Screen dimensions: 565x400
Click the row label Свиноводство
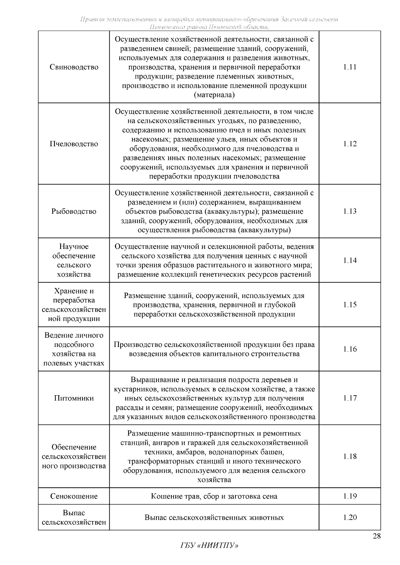74,67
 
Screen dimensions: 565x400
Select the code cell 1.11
350,67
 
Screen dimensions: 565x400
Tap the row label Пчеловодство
74,144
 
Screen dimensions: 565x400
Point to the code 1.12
350,144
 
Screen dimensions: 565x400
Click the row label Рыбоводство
74,211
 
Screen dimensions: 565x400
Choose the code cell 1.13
350,211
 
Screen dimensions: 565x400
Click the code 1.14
350,260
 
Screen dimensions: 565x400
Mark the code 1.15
350,305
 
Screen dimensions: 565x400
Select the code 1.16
350,349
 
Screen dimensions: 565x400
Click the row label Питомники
74,398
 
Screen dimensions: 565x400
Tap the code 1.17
350,398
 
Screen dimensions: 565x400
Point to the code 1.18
350,456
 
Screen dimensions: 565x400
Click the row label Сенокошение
74,496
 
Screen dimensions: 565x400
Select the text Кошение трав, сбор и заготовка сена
214,496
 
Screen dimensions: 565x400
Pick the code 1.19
350,496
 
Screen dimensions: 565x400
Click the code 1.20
350,517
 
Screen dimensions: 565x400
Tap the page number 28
376,536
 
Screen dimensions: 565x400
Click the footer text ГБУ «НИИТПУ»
209,546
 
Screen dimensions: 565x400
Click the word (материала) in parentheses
214,95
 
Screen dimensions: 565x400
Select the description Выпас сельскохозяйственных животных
214,518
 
